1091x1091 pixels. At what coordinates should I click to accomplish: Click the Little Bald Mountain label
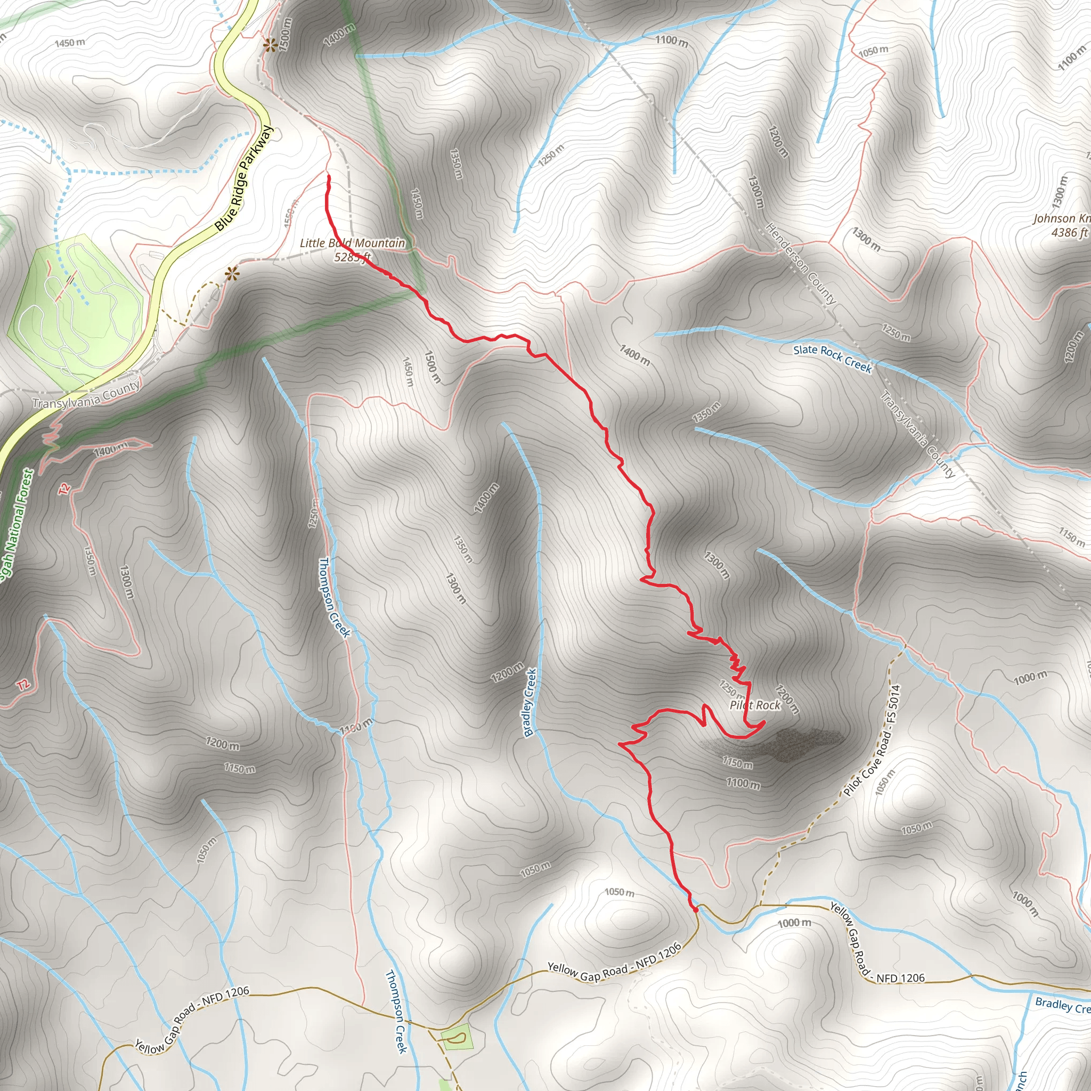(x=352, y=243)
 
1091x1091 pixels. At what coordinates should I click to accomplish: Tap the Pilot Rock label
(x=754, y=705)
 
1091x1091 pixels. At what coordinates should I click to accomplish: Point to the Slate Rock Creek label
(x=833, y=358)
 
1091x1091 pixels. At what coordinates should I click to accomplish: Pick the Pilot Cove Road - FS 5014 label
(x=872, y=740)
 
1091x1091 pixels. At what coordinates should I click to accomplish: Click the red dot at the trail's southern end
(x=696, y=910)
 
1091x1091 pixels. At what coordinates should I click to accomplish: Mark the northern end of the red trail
(x=328, y=177)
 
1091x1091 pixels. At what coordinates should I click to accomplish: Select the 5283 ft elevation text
(x=352, y=257)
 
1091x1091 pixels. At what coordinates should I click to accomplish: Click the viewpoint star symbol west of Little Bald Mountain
(x=231, y=275)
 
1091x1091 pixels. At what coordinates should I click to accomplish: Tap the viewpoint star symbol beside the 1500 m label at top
(x=270, y=45)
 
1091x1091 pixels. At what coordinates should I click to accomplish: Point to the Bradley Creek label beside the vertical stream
(x=530, y=703)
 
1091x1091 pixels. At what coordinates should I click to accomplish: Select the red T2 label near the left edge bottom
(x=22, y=686)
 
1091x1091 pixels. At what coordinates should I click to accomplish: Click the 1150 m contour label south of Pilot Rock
(x=737, y=763)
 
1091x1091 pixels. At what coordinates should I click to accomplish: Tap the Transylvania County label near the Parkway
(x=86, y=395)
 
